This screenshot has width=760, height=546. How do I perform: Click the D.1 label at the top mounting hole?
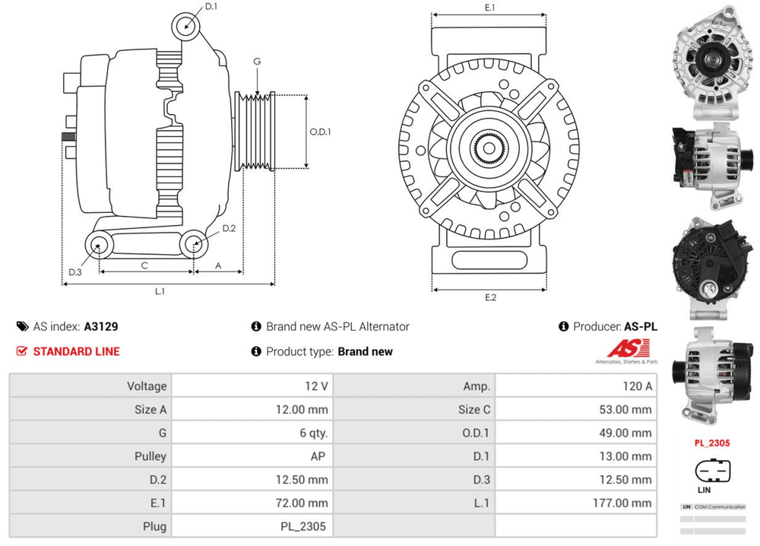point(211,7)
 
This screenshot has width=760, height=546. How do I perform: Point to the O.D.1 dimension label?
point(320,132)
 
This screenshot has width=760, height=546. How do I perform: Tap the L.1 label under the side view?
point(160,291)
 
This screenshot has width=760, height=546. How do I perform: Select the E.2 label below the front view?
point(490,297)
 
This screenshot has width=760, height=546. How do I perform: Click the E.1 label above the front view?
point(490,8)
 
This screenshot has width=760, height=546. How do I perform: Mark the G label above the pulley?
point(258,61)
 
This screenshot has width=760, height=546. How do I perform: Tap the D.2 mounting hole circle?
point(193,244)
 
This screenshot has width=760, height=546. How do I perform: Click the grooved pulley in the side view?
point(255,132)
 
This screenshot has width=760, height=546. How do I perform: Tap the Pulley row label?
point(152,456)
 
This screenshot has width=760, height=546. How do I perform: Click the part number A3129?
point(100,327)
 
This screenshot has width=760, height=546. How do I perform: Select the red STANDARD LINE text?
point(76,351)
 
